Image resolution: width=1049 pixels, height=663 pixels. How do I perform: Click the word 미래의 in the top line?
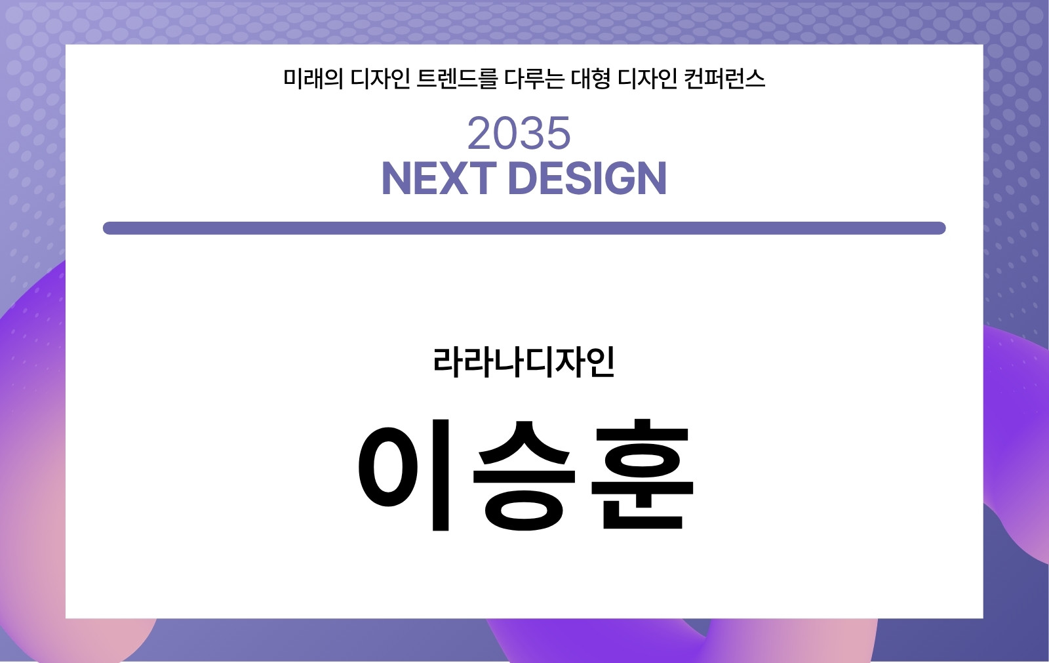click(313, 78)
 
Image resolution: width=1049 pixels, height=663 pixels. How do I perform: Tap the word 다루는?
click(534, 78)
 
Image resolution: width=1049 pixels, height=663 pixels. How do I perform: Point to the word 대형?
click(591, 78)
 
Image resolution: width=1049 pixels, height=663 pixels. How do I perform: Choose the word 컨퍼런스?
click(724, 78)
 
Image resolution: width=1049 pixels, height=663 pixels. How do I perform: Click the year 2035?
click(519, 134)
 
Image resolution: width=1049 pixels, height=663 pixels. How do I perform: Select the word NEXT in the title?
click(439, 178)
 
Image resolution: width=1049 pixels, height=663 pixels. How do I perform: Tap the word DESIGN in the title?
click(587, 178)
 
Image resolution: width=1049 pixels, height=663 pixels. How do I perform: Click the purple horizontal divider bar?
click(524, 228)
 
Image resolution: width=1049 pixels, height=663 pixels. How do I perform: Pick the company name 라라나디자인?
click(524, 362)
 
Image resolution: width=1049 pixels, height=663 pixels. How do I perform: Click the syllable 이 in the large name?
click(404, 475)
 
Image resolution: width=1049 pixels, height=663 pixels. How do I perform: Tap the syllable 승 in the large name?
click(524, 475)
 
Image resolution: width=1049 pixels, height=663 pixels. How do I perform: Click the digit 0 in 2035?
click(506, 134)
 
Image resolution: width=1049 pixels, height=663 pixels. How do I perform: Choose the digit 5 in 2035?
click(559, 134)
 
